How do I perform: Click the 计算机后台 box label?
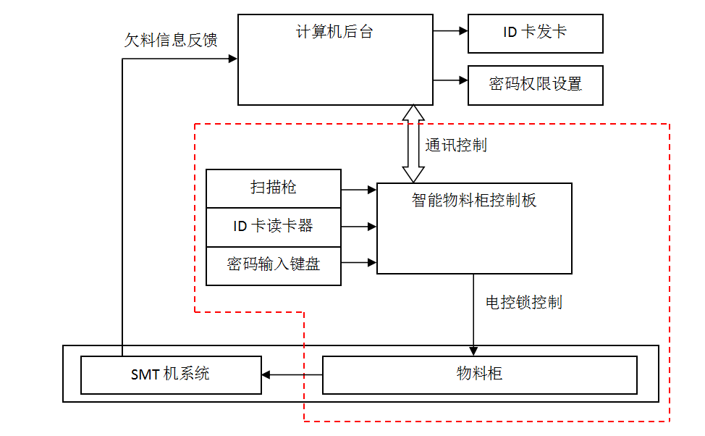pyautogui.click(x=334, y=32)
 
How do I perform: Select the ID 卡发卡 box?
pyautogui.click(x=535, y=33)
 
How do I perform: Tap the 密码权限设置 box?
pyautogui.click(x=535, y=84)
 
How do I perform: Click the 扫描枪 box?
pyautogui.click(x=273, y=188)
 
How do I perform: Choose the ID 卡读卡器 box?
pyautogui.click(x=273, y=226)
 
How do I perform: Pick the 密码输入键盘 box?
pyautogui.click(x=273, y=264)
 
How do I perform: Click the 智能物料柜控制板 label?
pyautogui.click(x=474, y=201)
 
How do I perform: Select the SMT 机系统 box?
pyautogui.click(x=170, y=374)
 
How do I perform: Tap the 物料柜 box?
pyautogui.click(x=478, y=374)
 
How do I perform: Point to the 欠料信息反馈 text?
pyautogui.click(x=171, y=40)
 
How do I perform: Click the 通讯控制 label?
pyautogui.click(x=456, y=145)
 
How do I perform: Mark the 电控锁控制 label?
pyautogui.click(x=524, y=302)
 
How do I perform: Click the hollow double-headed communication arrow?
pyautogui.click(x=414, y=143)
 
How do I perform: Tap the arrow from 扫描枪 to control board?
pyautogui.click(x=359, y=190)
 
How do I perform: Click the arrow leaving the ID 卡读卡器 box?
pyautogui.click(x=359, y=227)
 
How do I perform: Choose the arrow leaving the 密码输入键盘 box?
pyautogui.click(x=359, y=262)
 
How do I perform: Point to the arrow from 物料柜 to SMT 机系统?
pyautogui.click(x=292, y=374)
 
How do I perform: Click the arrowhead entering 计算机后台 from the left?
pyautogui.click(x=232, y=59)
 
